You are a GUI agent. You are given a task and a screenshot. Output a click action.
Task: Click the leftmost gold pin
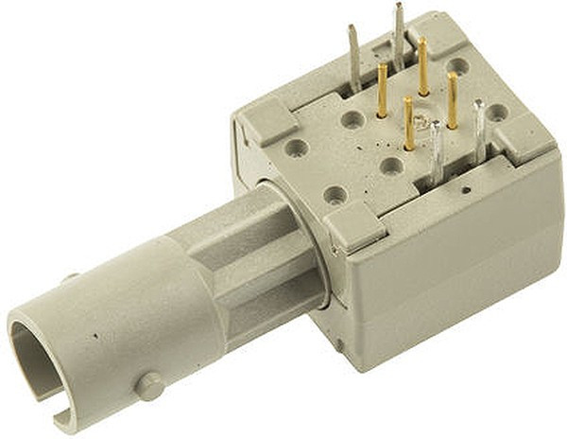(x=382, y=91)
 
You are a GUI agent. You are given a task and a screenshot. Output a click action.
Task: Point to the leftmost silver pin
(x=352, y=57)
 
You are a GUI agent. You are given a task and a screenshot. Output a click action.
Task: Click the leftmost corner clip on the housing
(x=266, y=123)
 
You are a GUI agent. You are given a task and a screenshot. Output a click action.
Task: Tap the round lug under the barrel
(x=148, y=385)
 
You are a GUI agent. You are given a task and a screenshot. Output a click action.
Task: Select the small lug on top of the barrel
(x=68, y=278)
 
